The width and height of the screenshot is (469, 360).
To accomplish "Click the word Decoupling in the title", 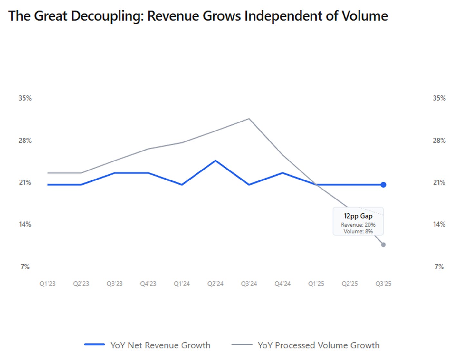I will point(107,16).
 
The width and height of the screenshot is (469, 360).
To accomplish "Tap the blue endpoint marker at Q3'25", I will point(383,185).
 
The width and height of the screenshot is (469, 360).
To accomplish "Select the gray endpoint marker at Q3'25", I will point(383,245).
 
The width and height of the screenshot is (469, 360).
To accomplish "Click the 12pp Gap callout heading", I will point(358,216).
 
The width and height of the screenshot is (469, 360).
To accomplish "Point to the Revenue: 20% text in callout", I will point(358,225).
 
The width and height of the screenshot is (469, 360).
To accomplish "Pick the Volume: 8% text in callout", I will point(358,231).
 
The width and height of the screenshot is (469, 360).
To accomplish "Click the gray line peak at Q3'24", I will point(249,119).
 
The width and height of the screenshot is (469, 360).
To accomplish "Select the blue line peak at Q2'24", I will point(215,161).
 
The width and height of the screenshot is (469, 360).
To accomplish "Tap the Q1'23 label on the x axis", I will point(47,284).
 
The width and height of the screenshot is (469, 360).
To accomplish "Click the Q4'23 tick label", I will point(148,284).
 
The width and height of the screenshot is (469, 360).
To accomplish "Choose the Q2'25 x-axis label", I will point(350,284).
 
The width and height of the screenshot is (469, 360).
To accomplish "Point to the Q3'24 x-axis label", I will point(249,284).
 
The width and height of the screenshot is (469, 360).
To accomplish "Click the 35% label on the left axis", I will point(25,98).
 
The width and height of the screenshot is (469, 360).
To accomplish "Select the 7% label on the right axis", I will point(439,267).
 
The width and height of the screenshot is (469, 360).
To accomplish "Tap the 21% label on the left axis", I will point(25,182).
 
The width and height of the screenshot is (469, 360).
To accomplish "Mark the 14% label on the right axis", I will point(439,224).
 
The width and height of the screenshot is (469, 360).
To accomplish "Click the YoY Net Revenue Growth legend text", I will point(160,345).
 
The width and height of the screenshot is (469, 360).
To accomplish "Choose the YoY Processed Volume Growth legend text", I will point(319,345).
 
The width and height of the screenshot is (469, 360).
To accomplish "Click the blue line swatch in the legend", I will point(94,345).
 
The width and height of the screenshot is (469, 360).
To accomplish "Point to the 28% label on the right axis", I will point(439,141).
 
